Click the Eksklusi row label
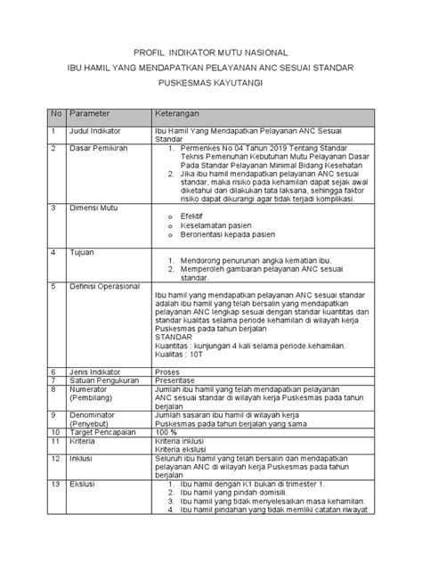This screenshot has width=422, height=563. point(85,484)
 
